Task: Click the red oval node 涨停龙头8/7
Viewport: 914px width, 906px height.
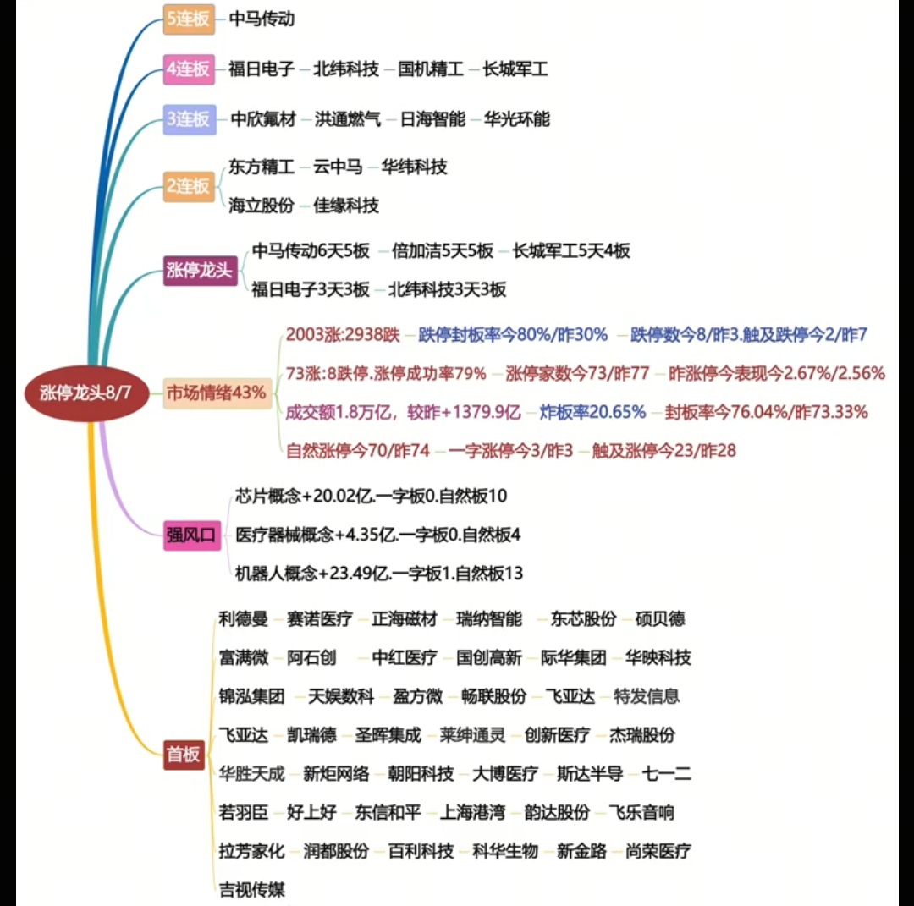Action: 86,393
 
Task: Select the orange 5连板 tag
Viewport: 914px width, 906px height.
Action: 189,19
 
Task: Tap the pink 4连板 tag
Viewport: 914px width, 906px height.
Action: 189,69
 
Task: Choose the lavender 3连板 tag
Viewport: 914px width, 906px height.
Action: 190,119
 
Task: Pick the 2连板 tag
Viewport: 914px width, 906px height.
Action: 189,186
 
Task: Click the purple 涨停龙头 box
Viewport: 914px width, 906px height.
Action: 200,271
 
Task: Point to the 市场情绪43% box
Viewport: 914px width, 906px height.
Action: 217,393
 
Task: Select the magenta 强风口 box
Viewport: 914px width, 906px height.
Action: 192,535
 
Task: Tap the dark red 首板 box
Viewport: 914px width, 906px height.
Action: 184,755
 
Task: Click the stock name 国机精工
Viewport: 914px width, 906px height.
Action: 431,69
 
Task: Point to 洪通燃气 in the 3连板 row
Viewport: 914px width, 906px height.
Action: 348,119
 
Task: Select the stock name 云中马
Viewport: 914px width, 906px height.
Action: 338,167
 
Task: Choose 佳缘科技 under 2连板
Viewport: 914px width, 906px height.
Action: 346,206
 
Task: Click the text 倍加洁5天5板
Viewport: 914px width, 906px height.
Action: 443,251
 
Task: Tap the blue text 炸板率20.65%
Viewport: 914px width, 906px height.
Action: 592,413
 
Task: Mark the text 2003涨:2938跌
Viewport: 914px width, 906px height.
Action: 343,335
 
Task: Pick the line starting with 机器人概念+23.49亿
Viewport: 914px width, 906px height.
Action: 379,574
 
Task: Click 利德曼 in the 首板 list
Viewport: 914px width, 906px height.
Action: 243,618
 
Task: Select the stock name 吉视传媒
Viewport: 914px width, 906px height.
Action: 252,890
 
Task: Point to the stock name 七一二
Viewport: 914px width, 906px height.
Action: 666,774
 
